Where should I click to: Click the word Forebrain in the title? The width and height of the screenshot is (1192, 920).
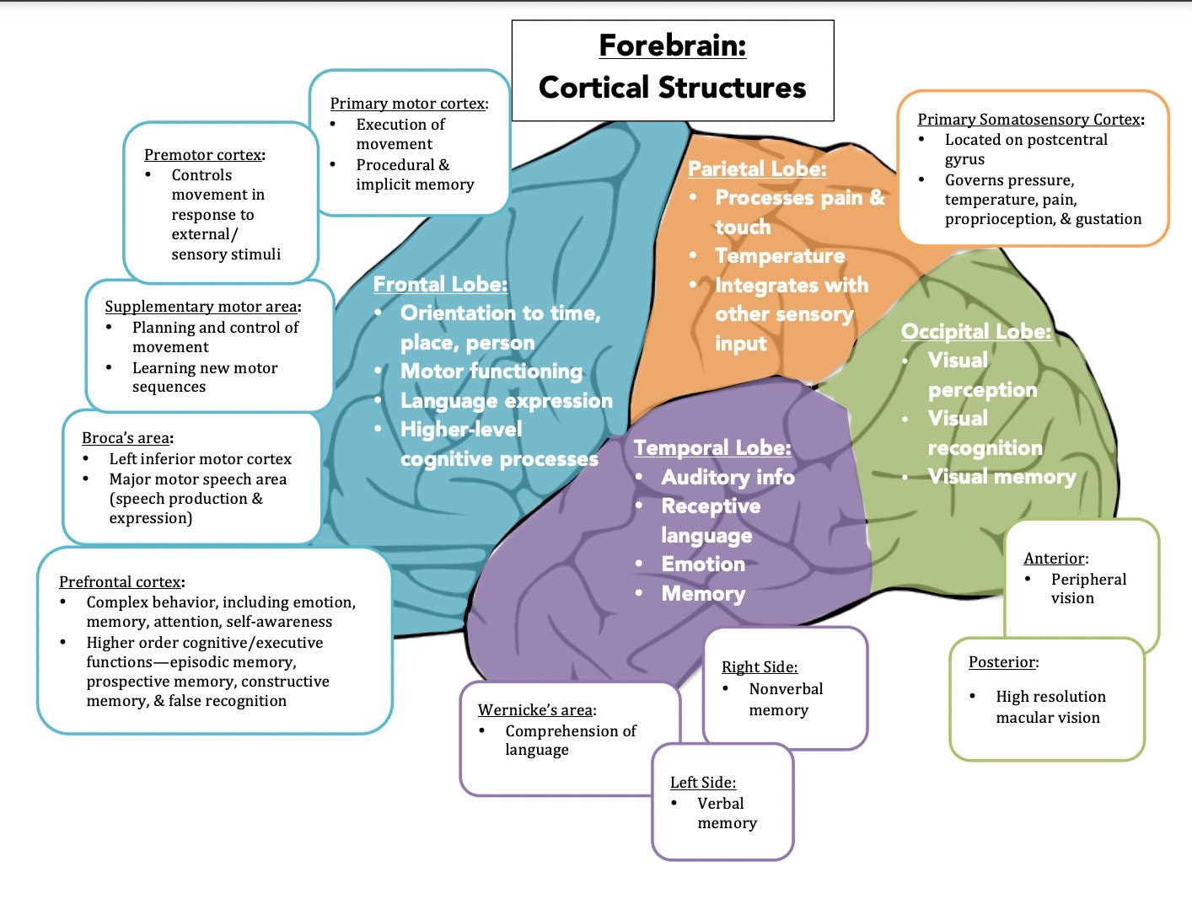point(672,45)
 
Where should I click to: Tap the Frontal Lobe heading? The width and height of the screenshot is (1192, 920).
point(440,285)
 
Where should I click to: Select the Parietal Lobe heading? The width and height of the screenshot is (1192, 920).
point(756,169)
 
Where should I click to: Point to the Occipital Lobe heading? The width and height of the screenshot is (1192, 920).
point(975,332)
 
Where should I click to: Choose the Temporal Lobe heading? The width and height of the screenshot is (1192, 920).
point(711,448)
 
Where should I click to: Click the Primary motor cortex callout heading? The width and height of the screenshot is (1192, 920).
point(408,104)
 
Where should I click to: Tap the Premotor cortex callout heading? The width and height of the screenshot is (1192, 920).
point(203,155)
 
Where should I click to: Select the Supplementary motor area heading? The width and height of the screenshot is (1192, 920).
point(201,307)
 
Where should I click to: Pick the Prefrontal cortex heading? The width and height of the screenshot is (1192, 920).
point(121,582)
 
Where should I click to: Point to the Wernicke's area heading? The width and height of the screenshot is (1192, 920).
point(536,710)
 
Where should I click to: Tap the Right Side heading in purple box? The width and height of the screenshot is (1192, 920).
point(759,667)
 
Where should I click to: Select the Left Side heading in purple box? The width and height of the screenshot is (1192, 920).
point(702,783)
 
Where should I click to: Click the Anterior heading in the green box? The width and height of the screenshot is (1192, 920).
point(1055,559)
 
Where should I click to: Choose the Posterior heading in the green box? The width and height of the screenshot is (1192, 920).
point(1002,662)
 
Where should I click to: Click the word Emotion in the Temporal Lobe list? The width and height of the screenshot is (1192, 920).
point(703,564)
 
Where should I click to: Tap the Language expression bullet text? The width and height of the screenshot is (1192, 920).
point(506,401)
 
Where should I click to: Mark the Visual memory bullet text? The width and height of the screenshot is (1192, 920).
point(1001,477)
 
